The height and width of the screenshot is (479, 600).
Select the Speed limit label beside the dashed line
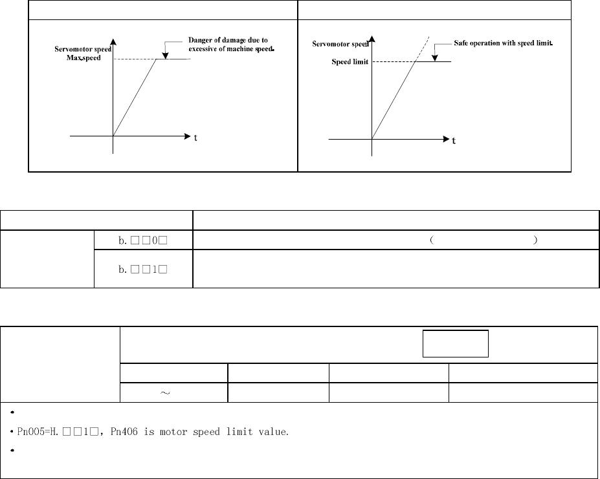350,63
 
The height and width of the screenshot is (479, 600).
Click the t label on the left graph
195,137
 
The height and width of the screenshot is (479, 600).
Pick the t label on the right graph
453,140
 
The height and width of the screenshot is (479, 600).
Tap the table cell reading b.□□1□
143,267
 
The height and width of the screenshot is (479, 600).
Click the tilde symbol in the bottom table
173,392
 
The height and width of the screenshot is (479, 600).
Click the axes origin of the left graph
113,136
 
